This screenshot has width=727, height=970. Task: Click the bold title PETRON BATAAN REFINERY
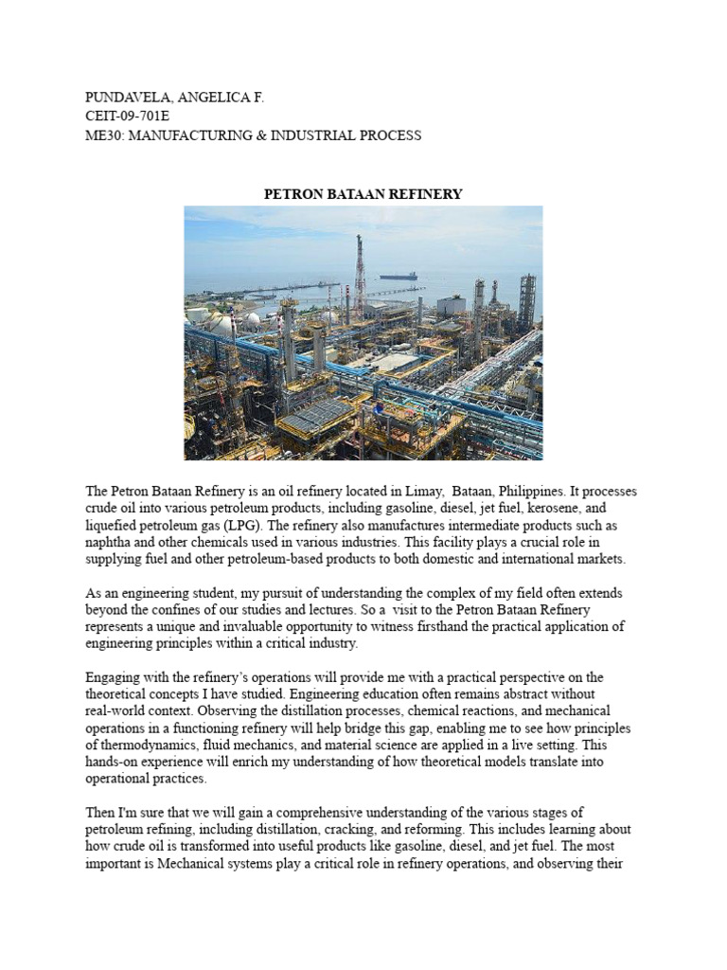pos(363,194)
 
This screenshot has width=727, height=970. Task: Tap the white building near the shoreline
pos(451,305)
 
